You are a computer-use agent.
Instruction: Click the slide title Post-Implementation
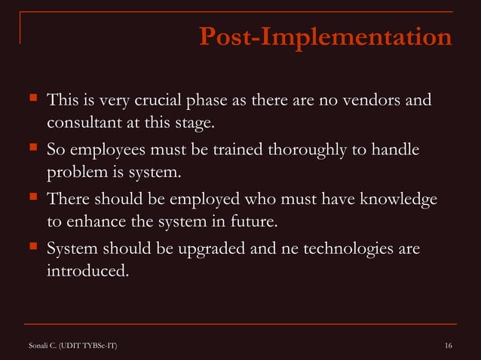325,37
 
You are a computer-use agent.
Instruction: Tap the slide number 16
449,345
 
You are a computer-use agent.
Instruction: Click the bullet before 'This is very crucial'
32,99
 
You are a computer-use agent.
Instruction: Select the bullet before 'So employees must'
32,148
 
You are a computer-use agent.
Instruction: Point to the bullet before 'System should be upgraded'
32,248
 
